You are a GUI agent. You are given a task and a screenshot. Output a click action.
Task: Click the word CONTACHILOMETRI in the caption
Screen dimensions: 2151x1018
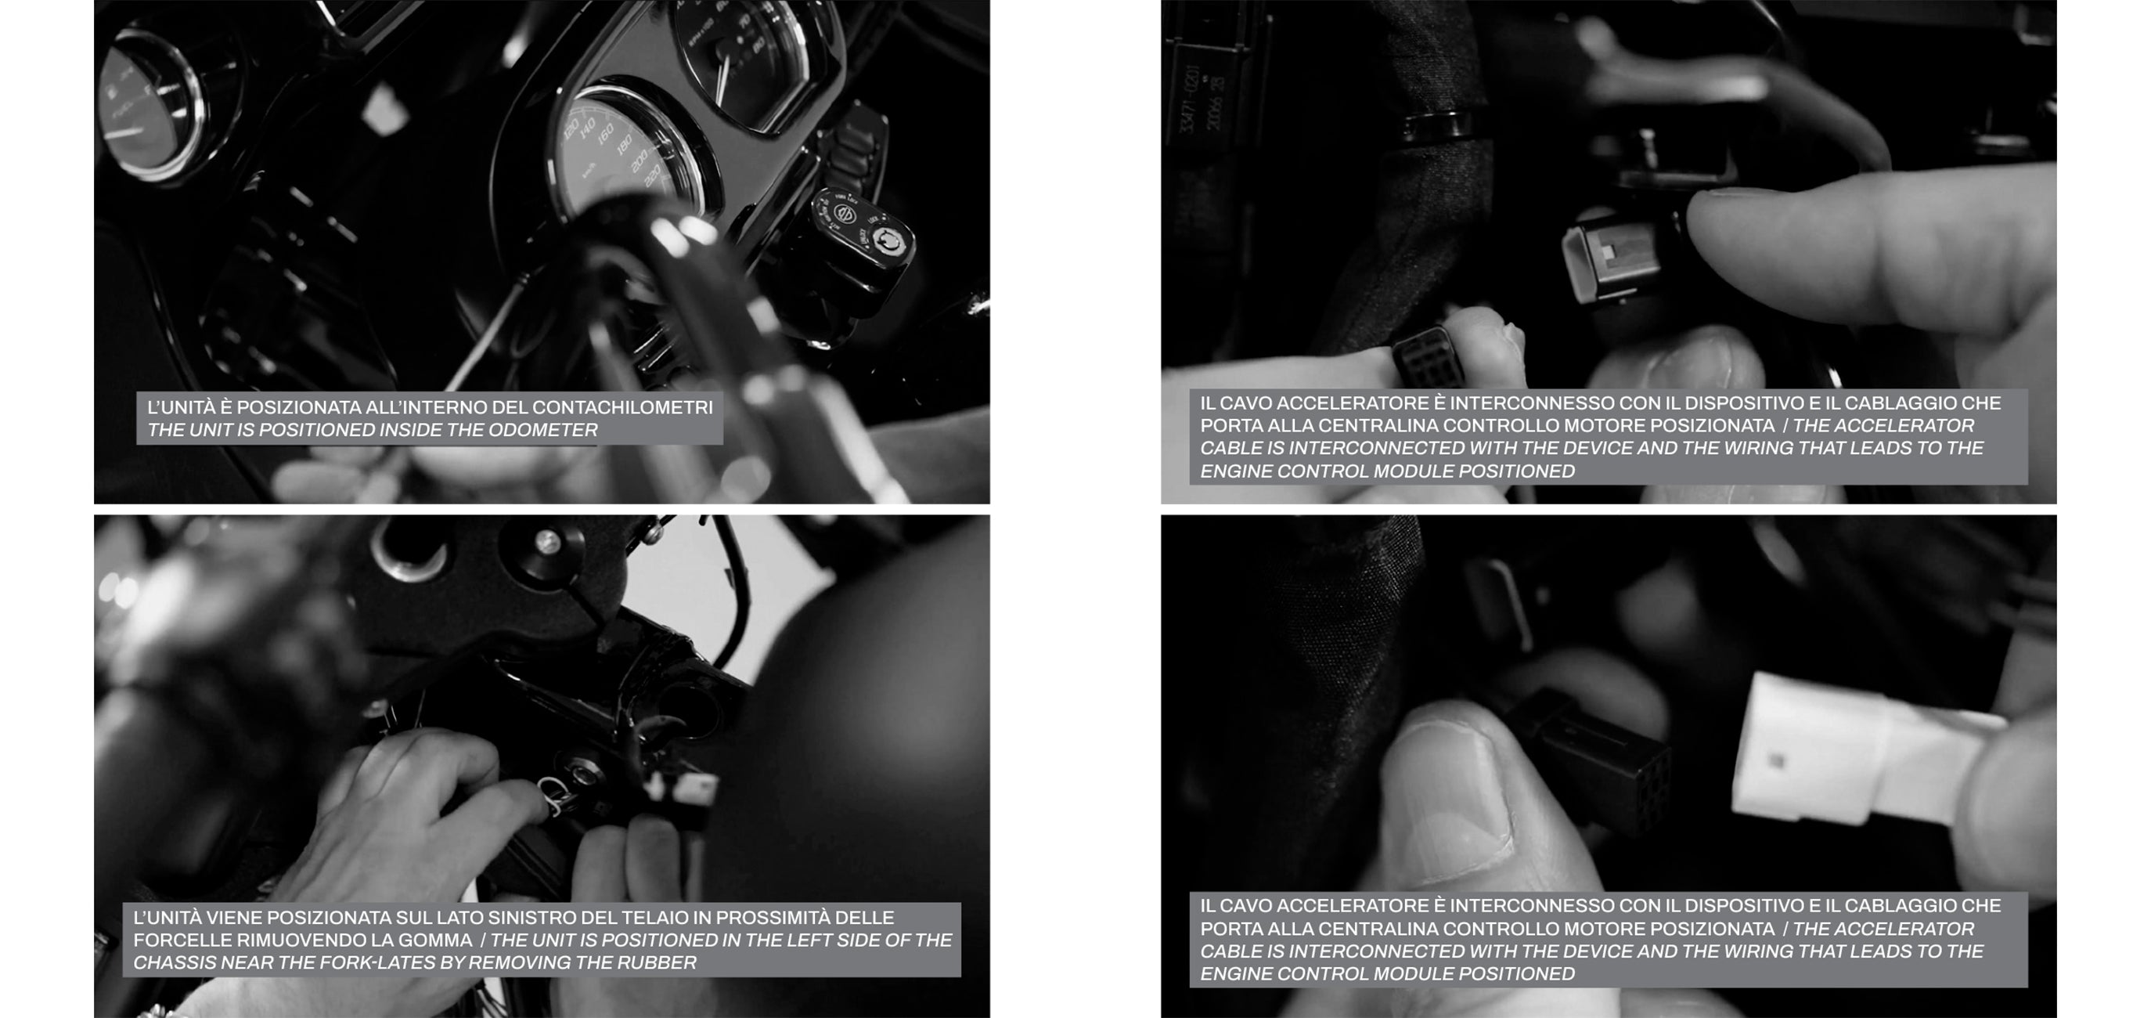tap(623, 407)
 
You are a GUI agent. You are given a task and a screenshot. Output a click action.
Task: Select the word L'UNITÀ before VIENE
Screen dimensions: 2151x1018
tap(167, 918)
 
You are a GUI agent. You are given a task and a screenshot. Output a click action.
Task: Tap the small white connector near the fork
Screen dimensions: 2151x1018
tap(693, 788)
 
